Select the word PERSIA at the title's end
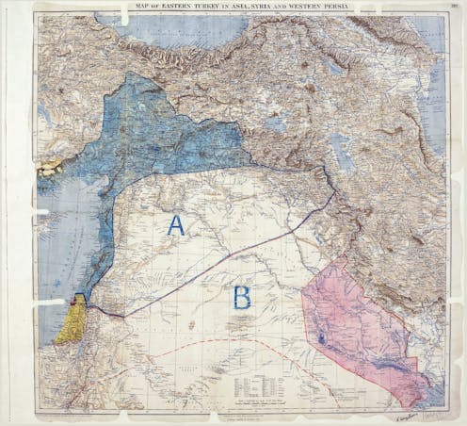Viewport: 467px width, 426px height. tap(337, 9)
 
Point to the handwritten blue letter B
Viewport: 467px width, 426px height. tap(242, 298)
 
